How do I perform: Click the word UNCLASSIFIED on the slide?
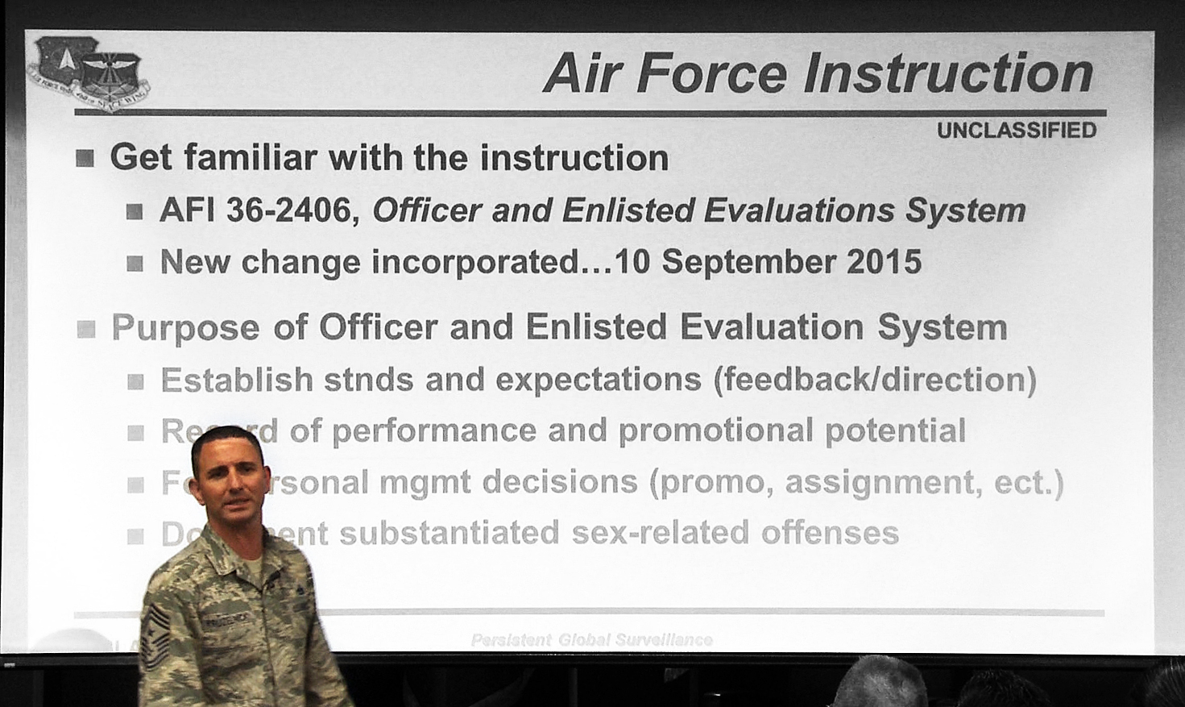click(x=1016, y=131)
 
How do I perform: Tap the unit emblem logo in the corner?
click(x=87, y=73)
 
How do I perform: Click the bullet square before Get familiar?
click(x=85, y=158)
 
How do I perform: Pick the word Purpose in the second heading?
click(x=185, y=328)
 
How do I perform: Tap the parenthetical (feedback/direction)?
click(x=875, y=380)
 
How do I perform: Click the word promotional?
click(x=715, y=430)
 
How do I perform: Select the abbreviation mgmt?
click(x=425, y=482)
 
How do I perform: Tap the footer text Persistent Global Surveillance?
click(x=591, y=640)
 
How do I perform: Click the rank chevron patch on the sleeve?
click(x=155, y=631)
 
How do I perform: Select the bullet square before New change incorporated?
click(x=135, y=264)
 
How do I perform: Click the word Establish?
click(x=236, y=380)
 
